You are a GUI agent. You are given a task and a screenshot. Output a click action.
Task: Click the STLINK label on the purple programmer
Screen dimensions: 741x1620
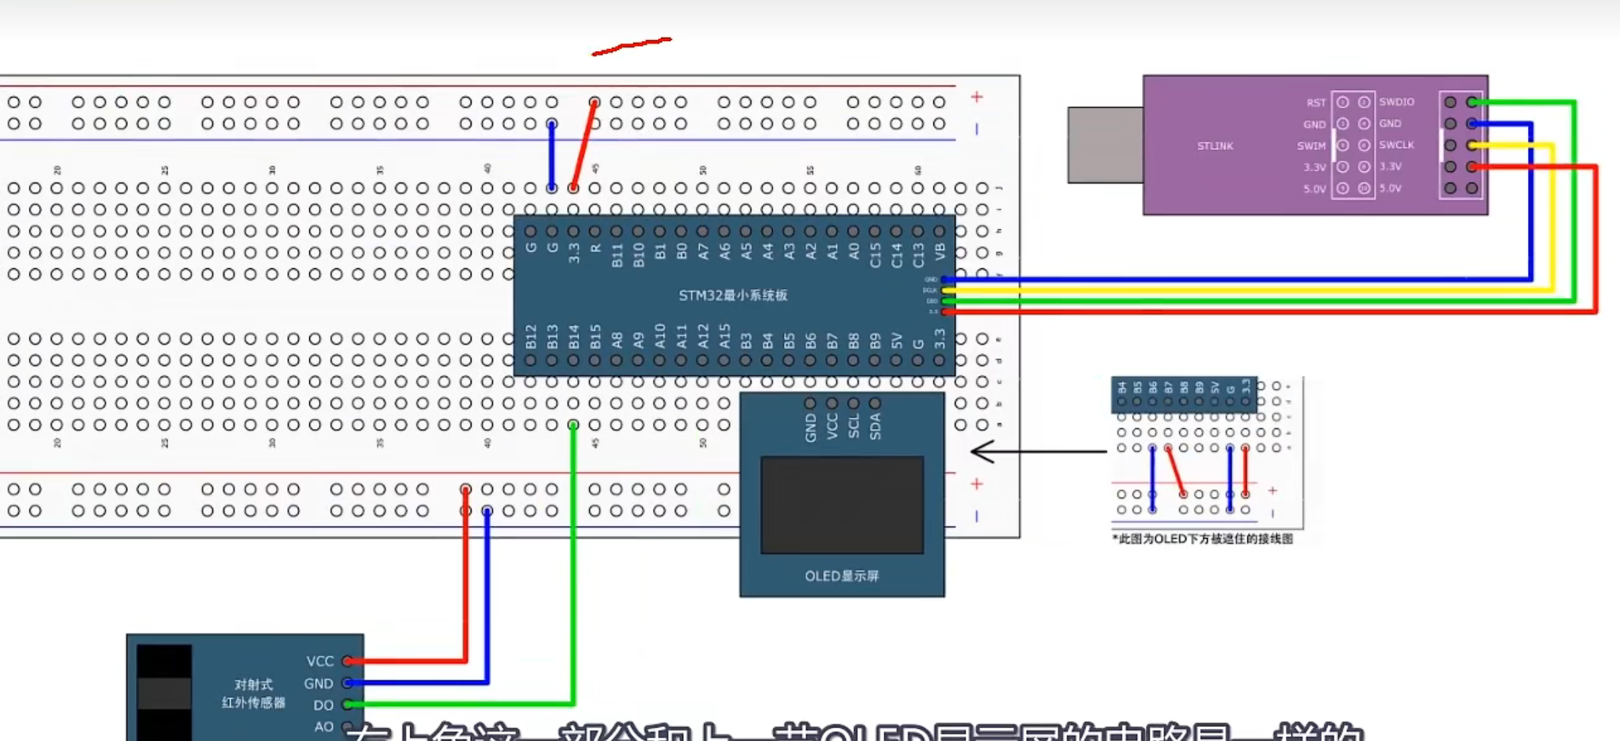(x=1214, y=146)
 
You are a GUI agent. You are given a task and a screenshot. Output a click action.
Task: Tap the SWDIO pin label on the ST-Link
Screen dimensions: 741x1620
(x=1397, y=102)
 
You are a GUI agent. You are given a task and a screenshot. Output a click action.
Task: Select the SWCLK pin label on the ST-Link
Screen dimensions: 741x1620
(x=1397, y=145)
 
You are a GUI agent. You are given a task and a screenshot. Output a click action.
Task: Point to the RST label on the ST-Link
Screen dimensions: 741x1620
(x=1316, y=103)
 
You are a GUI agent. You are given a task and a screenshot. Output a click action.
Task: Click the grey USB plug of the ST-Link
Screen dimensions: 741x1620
(x=1105, y=145)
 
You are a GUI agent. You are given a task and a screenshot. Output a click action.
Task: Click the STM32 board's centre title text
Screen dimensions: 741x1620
(x=732, y=295)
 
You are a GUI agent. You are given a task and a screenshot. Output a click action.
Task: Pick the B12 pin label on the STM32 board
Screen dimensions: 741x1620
(x=531, y=337)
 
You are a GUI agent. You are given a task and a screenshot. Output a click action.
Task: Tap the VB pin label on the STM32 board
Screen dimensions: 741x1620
(x=940, y=251)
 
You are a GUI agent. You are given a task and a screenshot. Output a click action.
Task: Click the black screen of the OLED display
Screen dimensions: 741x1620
(x=842, y=505)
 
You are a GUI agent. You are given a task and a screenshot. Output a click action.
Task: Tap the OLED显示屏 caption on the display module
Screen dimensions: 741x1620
(x=842, y=576)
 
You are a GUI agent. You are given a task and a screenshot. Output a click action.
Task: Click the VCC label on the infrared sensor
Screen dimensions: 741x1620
(x=320, y=662)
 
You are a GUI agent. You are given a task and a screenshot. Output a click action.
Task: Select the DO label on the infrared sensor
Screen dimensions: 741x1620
(x=323, y=705)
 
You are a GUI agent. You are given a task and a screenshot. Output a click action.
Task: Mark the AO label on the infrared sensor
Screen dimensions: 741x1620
(x=323, y=727)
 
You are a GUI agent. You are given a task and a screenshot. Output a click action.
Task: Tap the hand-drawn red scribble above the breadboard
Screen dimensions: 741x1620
(x=631, y=46)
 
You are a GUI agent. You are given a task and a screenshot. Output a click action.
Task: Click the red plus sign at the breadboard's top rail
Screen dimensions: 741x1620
(x=976, y=97)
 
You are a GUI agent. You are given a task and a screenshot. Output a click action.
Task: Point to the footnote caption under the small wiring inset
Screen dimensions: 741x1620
(x=1202, y=539)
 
